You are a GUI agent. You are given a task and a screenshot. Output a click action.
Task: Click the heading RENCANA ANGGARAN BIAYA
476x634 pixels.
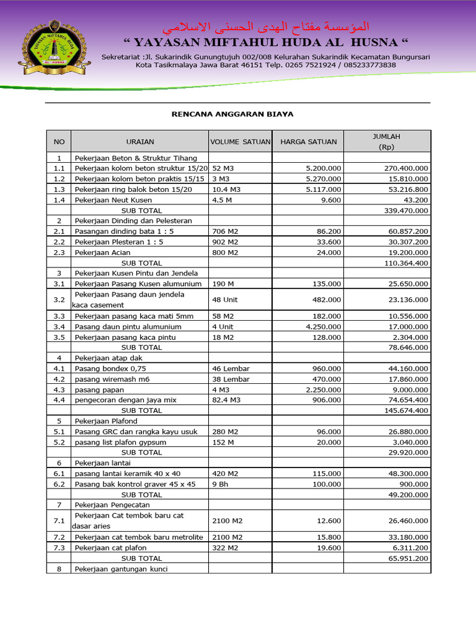232,115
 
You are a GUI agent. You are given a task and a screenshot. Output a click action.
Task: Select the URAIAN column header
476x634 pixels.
140,142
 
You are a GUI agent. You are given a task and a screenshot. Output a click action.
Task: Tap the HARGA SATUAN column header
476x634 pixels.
309,142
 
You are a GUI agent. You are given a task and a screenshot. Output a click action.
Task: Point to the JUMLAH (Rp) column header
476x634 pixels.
386,142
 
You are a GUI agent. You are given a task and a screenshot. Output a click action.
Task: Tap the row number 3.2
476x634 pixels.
59,300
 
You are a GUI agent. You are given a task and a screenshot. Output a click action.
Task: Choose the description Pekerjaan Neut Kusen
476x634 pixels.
113,200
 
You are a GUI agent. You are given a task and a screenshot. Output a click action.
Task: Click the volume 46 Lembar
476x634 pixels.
231,369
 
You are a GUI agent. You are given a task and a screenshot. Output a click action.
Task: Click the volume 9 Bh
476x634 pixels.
220,484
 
